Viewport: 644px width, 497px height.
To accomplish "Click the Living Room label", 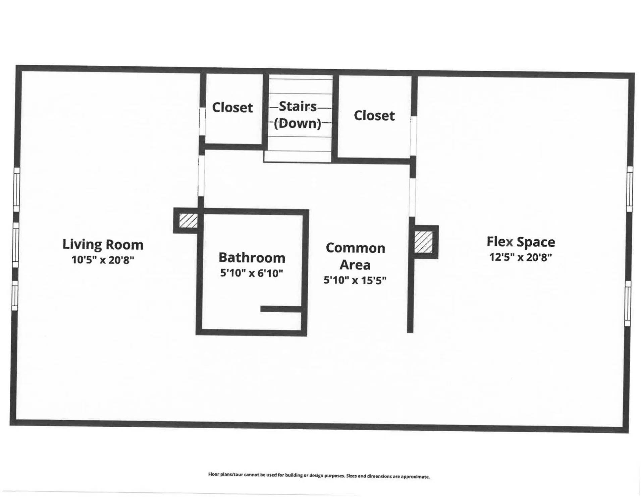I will (x=103, y=245).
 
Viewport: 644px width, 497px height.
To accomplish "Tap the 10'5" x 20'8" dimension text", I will (x=103, y=260).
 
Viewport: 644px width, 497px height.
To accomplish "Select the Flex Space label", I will (x=521, y=242).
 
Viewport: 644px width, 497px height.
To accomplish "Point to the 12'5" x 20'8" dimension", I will (x=521, y=257).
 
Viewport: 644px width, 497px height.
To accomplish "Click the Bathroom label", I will (x=252, y=258).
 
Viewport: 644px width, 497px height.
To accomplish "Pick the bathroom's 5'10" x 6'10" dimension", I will (x=252, y=273).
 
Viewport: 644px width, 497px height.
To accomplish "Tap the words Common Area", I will (x=355, y=256).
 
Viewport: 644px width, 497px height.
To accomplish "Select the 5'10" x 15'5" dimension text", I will (x=355, y=280).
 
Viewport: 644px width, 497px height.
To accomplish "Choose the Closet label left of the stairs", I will (x=232, y=108).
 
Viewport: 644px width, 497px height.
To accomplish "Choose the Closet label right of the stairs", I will (x=374, y=116).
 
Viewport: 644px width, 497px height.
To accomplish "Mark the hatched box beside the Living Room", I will (x=188, y=221).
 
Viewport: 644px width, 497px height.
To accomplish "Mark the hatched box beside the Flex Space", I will (x=423, y=242).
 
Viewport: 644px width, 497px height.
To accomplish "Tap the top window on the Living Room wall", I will (x=16, y=189).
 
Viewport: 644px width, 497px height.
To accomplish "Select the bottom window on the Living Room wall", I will (x=14, y=296).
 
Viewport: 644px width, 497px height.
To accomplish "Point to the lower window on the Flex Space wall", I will (x=628, y=303).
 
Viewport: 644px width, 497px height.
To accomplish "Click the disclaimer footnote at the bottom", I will (x=319, y=476).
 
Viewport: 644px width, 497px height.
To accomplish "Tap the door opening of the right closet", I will (x=413, y=136).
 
